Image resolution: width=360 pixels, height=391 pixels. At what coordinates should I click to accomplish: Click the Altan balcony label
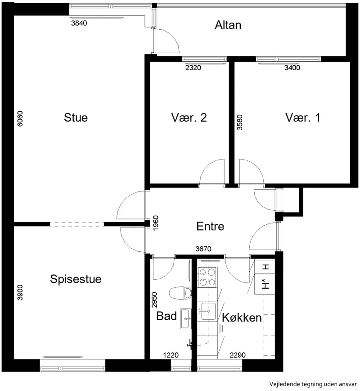pos(228,25)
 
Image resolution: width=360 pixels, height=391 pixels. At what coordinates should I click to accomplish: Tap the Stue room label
pos(76,118)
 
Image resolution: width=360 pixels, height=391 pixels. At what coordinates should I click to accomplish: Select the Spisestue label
pos(76,279)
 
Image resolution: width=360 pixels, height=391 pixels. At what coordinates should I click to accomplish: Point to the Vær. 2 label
pos(189,118)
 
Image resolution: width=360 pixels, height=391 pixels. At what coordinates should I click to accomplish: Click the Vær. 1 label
pos(303,118)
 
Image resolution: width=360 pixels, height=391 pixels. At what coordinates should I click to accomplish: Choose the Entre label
pos(210,226)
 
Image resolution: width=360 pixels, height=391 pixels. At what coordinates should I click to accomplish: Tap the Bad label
pos(166,316)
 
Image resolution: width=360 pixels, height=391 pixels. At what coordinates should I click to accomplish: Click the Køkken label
pos(242,318)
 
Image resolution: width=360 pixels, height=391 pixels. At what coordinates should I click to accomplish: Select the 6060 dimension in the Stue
pos(20,119)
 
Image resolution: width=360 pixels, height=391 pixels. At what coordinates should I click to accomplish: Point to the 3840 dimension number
pos(79,23)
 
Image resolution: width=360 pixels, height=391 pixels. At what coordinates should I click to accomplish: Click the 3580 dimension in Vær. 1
pos(239,122)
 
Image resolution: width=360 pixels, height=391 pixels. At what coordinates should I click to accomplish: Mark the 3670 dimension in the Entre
pos(203,249)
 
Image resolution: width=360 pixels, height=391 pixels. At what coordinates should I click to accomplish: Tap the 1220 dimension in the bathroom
pos(171,355)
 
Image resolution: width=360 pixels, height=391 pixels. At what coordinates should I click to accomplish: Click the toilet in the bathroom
pos(180,293)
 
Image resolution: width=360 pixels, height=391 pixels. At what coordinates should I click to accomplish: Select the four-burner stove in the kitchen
pos(207,277)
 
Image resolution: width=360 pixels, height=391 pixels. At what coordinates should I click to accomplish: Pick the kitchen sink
pos(208,311)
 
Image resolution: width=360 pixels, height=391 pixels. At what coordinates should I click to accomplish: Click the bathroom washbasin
pos(185,319)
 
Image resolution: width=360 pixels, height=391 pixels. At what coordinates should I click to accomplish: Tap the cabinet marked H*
pos(265,284)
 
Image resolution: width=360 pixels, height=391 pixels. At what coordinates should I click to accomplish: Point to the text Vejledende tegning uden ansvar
pos(313,384)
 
